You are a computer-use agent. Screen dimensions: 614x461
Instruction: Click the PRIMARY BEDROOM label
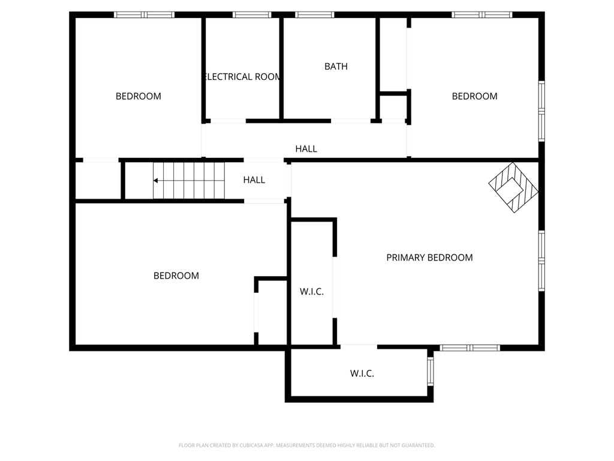tap(429, 258)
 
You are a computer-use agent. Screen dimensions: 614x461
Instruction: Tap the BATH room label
tap(336, 66)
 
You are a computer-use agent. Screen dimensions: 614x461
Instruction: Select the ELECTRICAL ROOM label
tap(242, 76)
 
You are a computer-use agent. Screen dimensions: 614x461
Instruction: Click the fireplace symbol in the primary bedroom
tap(513, 187)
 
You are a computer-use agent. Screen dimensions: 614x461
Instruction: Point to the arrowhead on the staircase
tap(155, 181)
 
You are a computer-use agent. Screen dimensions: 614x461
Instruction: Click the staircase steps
tap(189, 181)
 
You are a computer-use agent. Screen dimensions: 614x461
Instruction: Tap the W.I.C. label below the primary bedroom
tap(362, 373)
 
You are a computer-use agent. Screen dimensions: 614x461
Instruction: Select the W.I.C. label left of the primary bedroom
tap(312, 292)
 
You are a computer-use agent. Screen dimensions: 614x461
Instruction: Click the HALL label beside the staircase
tap(254, 180)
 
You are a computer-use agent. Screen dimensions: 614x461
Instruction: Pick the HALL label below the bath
tap(306, 149)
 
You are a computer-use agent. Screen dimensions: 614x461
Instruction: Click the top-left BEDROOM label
tap(139, 96)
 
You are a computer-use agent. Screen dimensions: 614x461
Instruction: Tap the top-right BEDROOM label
tap(475, 96)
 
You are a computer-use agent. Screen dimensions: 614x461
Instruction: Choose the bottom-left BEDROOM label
tap(176, 276)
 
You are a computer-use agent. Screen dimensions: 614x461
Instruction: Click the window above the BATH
tap(315, 15)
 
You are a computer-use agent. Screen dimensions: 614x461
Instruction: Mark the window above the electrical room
tap(252, 15)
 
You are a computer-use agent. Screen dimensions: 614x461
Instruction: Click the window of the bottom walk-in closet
tap(431, 372)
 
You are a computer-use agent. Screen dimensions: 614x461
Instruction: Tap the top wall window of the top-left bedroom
tap(144, 15)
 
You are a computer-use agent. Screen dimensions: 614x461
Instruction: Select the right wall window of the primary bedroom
tap(541, 261)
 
